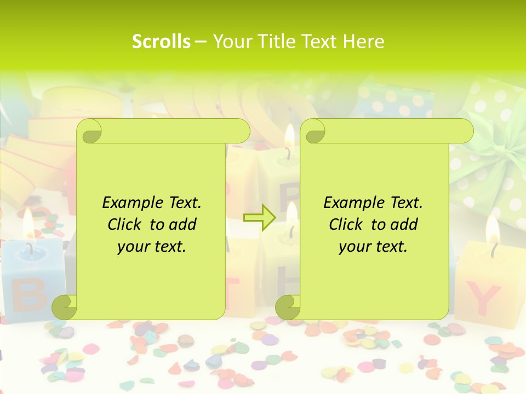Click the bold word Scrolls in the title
(161, 42)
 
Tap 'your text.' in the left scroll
(151, 246)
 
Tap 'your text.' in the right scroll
(373, 246)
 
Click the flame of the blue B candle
(28, 222)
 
